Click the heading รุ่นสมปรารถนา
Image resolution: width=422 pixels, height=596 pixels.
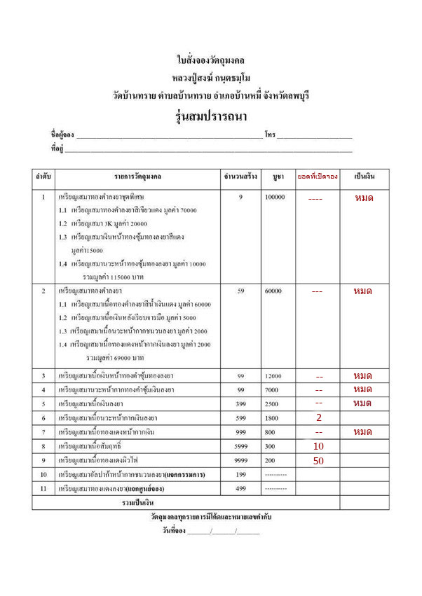click(210, 115)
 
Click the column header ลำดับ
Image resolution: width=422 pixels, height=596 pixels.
click(43, 176)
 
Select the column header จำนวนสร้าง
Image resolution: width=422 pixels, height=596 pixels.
click(240, 176)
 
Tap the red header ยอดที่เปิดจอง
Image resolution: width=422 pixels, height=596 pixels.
click(318, 176)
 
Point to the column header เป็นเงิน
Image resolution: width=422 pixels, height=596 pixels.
click(362, 176)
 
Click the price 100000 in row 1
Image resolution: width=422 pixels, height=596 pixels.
click(275, 197)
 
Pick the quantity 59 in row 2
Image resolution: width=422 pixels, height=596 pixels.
click(240, 291)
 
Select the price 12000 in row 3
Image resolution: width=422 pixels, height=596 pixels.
click(275, 377)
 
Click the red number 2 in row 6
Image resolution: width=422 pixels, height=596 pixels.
click(318, 417)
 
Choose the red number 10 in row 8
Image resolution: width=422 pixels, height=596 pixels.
click(318, 446)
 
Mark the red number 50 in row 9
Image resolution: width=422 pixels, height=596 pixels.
click(318, 460)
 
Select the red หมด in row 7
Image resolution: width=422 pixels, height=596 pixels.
click(362, 432)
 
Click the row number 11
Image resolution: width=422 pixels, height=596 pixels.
click(43, 488)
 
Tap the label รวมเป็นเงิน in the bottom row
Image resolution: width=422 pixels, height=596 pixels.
click(138, 503)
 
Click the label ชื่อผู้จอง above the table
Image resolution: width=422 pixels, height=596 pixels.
click(62, 134)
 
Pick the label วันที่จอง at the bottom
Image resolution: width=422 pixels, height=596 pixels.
click(174, 531)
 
